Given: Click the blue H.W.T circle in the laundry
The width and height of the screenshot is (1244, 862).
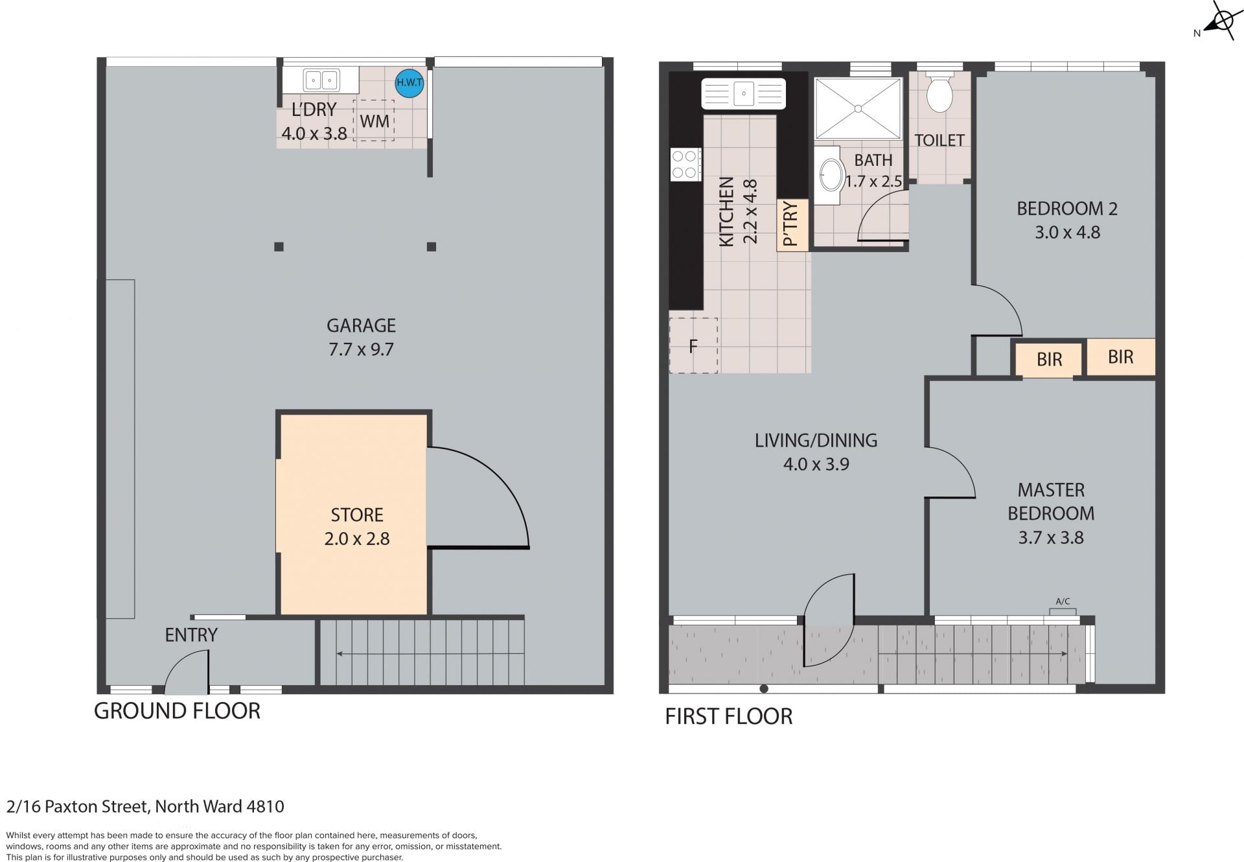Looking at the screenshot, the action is click(409, 83).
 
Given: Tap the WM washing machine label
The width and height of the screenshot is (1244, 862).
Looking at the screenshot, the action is click(374, 121).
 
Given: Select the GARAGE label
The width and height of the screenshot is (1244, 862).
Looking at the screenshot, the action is click(361, 325).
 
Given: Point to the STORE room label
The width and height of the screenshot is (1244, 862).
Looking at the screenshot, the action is click(357, 515).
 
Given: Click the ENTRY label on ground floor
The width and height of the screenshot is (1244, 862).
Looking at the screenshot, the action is click(191, 635).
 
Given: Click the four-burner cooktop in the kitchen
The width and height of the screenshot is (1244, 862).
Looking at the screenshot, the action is click(685, 165).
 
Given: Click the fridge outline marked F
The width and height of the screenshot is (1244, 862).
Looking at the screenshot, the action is click(693, 345).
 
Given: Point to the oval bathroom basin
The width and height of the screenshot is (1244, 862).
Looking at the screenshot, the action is click(832, 174).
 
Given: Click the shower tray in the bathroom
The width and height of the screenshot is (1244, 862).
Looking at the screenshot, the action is click(858, 108).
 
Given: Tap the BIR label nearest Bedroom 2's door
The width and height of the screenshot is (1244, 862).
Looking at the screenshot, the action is click(1050, 359).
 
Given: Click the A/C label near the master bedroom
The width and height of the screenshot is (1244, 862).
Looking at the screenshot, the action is click(1063, 601).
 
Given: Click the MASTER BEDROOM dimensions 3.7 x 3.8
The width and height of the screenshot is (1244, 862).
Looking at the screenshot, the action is click(1051, 537).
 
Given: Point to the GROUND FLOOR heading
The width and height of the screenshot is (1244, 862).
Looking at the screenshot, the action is click(177, 711).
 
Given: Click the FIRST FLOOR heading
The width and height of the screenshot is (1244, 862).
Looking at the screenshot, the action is click(729, 716).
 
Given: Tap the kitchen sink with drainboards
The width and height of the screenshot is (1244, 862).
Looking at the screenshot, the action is click(744, 93).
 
